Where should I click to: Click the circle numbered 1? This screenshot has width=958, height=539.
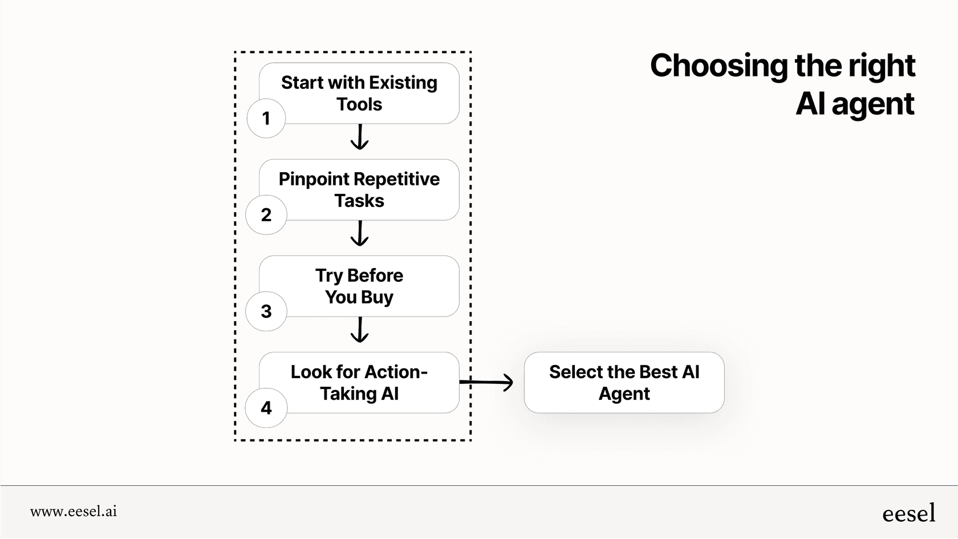coord(266,118)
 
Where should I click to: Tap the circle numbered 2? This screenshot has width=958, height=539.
coord(266,214)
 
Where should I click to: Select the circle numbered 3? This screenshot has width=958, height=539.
coord(266,311)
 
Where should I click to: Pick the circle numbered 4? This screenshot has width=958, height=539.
coord(266,407)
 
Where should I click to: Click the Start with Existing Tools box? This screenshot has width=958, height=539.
coord(365,93)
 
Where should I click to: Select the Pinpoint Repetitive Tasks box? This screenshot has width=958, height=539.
coord(365,189)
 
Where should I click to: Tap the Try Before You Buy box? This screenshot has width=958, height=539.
coord(365,286)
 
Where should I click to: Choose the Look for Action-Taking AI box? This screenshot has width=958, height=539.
coord(365,382)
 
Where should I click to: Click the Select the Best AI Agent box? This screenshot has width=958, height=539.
coord(624,382)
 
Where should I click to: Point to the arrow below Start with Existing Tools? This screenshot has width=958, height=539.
coord(359,137)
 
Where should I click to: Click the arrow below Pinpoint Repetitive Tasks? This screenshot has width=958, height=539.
coord(359,234)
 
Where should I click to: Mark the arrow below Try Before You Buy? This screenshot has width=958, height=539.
coord(359,330)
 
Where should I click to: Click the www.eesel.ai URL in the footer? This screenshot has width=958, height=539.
coord(74,512)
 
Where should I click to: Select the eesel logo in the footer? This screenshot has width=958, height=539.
coord(908,513)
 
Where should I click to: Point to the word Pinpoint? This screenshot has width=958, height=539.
coord(312,179)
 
